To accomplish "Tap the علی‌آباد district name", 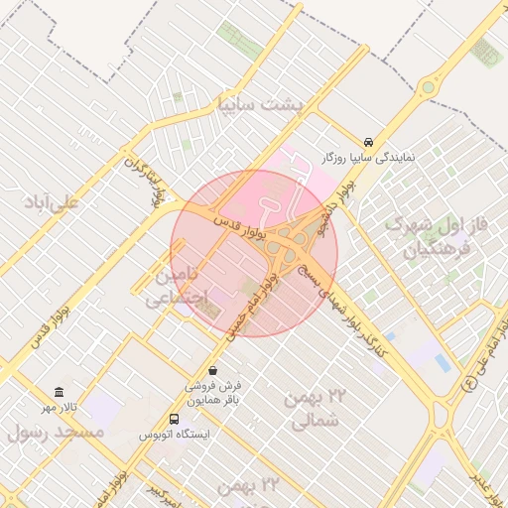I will pyautogui.click(x=54, y=201).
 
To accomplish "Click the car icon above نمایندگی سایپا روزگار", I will pyautogui.click(x=369, y=142).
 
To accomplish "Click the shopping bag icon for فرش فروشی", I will pyautogui.click(x=212, y=370).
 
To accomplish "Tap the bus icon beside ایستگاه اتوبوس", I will pyautogui.click(x=174, y=419).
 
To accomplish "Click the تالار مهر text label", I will pyautogui.click(x=59, y=408).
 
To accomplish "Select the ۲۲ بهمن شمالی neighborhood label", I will pyautogui.click(x=318, y=409).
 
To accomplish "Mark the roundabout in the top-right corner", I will pyautogui.click(x=428, y=87).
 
